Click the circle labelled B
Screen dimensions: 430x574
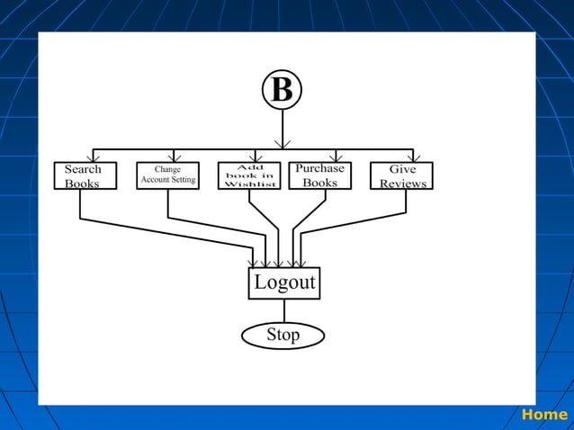pyautogui.click(x=282, y=90)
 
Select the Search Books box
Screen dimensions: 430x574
pyautogui.click(x=83, y=175)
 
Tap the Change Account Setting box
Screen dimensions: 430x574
pyautogui.click(x=167, y=175)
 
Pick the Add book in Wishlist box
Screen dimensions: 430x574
pyautogui.click(x=249, y=175)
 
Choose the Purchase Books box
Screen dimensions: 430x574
pyautogui.click(x=319, y=175)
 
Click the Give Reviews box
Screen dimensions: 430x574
pyautogui.click(x=401, y=175)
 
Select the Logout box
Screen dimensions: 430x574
pyautogui.click(x=284, y=282)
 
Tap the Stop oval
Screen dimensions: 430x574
pyautogui.click(x=283, y=336)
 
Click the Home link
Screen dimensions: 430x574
pyautogui.click(x=544, y=415)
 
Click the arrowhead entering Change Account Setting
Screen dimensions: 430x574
pyautogui.click(x=175, y=157)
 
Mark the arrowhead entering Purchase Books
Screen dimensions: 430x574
pyautogui.click(x=336, y=157)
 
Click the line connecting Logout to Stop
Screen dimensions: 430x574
pyautogui.click(x=284, y=310)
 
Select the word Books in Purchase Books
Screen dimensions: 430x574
pyautogui.click(x=319, y=183)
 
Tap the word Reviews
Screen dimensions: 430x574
pyautogui.click(x=403, y=184)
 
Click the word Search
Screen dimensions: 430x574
pyautogui.click(x=83, y=169)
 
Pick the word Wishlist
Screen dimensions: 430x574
pyautogui.click(x=249, y=184)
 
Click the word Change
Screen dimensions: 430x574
pyautogui.click(x=167, y=168)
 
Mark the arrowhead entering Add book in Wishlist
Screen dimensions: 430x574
pyautogui.click(x=256, y=157)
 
